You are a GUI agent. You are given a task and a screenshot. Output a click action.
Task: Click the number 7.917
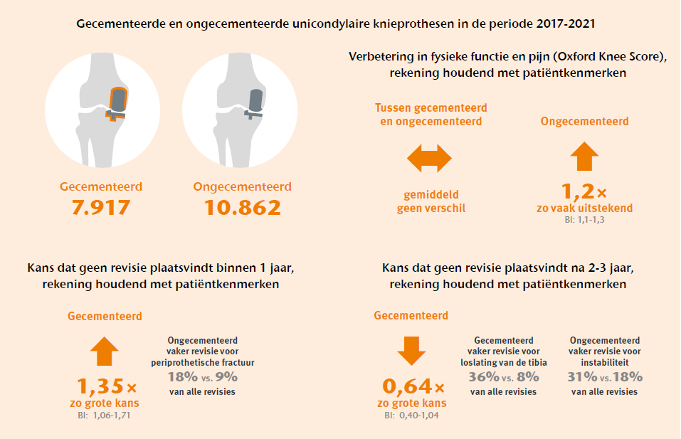pos(101,208)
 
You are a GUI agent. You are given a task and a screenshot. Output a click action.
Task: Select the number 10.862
pos(243,208)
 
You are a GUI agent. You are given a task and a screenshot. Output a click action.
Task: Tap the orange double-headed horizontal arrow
pos(429,159)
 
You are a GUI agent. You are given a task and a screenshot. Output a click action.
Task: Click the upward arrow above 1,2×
pos(584,157)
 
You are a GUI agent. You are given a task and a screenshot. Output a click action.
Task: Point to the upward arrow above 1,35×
pos(104,351)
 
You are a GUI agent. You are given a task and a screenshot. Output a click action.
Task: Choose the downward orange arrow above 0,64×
pos(411,351)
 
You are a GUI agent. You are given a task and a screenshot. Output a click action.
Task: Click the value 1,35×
pos(107,386)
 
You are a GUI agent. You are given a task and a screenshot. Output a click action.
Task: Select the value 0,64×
pos(413,386)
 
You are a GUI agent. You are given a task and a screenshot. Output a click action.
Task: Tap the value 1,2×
pos(584,191)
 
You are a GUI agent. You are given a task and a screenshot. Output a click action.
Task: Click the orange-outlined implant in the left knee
pos(116,103)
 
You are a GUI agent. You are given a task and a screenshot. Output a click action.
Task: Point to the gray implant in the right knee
pos(253,104)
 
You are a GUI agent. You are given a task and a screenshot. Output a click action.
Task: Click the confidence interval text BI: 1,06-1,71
pos(104,415)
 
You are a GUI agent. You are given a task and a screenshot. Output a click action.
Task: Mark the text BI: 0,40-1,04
pos(411,415)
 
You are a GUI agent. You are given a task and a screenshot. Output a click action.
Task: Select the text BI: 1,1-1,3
pos(584,220)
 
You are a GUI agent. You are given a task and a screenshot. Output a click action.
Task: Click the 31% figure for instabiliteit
pos(582,376)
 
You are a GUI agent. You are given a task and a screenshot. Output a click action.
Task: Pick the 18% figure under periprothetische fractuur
pos(183,376)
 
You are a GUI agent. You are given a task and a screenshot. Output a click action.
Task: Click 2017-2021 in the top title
pos(566,23)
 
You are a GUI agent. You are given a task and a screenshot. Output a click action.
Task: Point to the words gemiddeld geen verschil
pos(431,201)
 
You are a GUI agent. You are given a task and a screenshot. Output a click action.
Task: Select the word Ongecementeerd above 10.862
pos(243,186)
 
